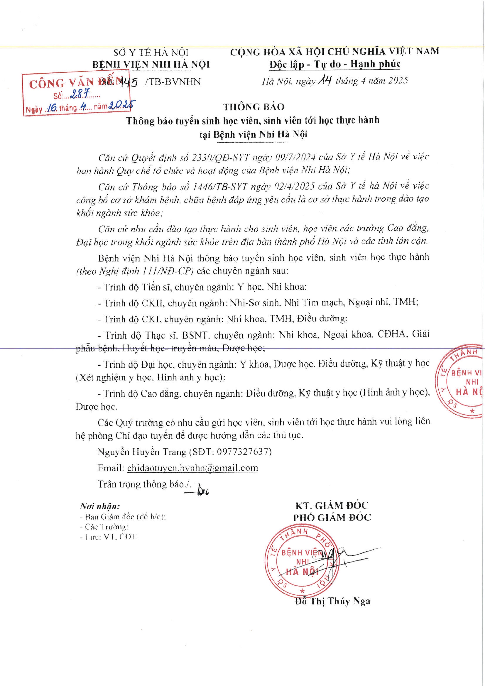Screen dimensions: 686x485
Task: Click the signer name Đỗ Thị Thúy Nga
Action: coord(332,601)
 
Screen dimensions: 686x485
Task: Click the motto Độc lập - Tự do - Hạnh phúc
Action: coord(335,64)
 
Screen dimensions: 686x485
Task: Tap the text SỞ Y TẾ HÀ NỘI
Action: coord(151,53)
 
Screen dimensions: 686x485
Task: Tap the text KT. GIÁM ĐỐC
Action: coord(332,505)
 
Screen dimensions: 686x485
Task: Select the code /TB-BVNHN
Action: coord(173,82)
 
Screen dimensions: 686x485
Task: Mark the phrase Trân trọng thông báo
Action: coord(144,484)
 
